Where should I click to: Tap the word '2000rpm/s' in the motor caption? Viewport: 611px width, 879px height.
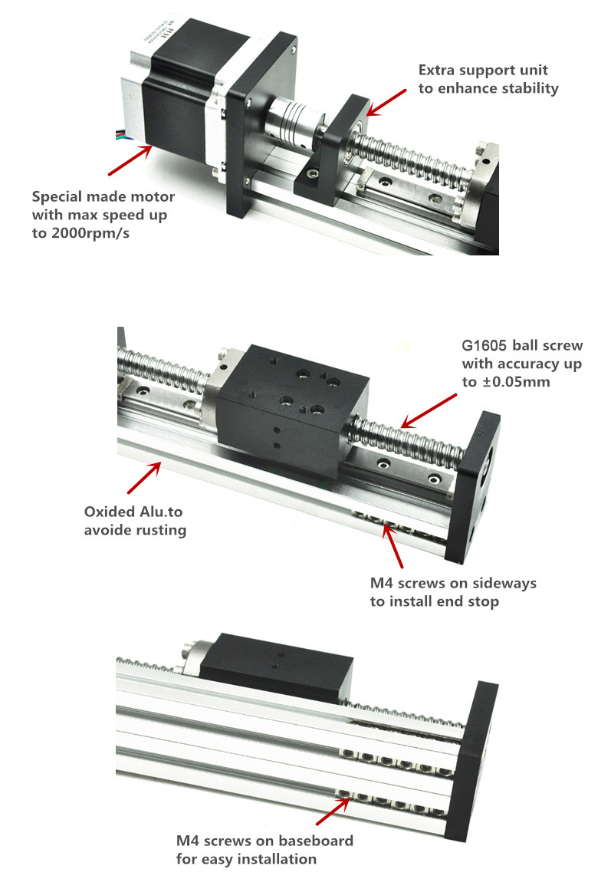point(90,233)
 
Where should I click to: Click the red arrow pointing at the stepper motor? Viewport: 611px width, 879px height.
point(130,160)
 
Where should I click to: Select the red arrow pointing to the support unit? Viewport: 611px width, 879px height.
point(386,102)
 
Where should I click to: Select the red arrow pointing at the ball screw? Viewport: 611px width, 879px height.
point(429,411)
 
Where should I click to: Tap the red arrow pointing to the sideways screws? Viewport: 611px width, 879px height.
point(393,545)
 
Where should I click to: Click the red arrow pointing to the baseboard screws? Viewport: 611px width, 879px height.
point(333,811)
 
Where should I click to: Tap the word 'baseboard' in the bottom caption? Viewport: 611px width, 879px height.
point(316,841)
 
